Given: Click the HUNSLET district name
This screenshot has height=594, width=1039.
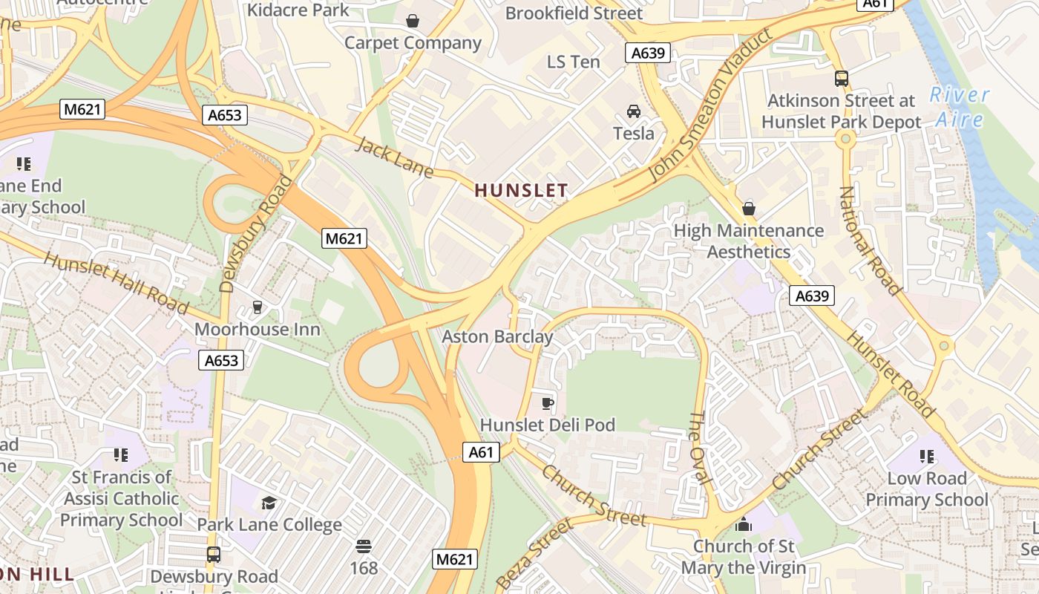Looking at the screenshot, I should pyautogui.click(x=521, y=191).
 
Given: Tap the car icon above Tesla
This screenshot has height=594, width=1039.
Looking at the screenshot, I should pyautogui.click(x=634, y=111).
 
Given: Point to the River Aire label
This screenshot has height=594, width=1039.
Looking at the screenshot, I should pyautogui.click(x=960, y=107).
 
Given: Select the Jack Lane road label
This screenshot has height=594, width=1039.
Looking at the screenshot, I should pyautogui.click(x=394, y=157).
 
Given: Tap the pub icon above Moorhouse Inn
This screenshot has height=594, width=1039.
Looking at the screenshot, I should pyautogui.click(x=258, y=307).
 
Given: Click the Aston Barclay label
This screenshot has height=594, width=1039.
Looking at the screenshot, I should pyautogui.click(x=497, y=337).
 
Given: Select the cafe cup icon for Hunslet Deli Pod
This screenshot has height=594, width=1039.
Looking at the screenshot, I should pyautogui.click(x=547, y=403).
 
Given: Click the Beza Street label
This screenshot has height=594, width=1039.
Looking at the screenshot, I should pyautogui.click(x=534, y=553).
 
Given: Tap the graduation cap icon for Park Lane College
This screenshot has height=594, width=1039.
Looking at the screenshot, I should pyautogui.click(x=269, y=503).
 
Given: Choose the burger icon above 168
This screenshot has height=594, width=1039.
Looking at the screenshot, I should pyautogui.click(x=364, y=546).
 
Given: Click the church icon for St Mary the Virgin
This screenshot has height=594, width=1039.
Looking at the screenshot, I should pyautogui.click(x=743, y=525).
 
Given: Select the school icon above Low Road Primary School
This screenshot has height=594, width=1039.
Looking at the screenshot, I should pyautogui.click(x=927, y=456).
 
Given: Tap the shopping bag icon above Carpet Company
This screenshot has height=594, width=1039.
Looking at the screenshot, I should pyautogui.click(x=413, y=21).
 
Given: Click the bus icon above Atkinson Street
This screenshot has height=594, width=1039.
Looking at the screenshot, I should pyautogui.click(x=841, y=78).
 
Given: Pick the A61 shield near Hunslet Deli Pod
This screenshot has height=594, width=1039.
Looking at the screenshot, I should pyautogui.click(x=481, y=452).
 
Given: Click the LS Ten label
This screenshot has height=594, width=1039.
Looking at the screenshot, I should pyautogui.click(x=573, y=62).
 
